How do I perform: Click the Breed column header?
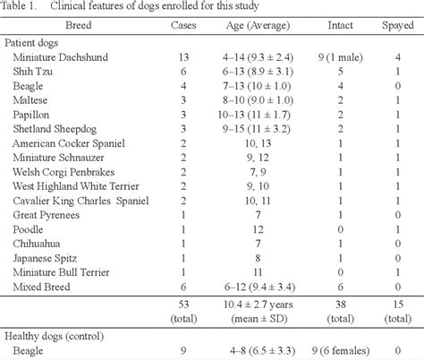[x=79, y=25]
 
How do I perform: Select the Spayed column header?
[x=398, y=25]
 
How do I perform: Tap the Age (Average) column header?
[x=258, y=26]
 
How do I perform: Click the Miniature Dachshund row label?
[x=60, y=57]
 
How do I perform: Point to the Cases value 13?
[x=183, y=57]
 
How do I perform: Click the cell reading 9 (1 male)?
[x=340, y=57]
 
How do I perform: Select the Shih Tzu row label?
[x=33, y=72]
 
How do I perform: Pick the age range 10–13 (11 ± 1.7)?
[x=254, y=115]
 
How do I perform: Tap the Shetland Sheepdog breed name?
[x=55, y=129]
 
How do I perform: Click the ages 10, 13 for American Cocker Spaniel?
[x=258, y=143]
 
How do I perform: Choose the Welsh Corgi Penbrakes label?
[x=64, y=172]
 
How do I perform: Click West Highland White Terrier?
[x=76, y=186]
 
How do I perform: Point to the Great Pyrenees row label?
[x=47, y=215]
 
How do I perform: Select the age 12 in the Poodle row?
[x=258, y=229]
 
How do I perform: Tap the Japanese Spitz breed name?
[x=45, y=258]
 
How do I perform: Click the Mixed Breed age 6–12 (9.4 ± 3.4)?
[x=259, y=287]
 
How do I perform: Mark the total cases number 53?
[x=183, y=304]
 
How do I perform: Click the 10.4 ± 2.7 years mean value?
[x=259, y=304]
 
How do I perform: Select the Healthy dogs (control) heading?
[x=55, y=337]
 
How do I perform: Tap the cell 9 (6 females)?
[x=341, y=351]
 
